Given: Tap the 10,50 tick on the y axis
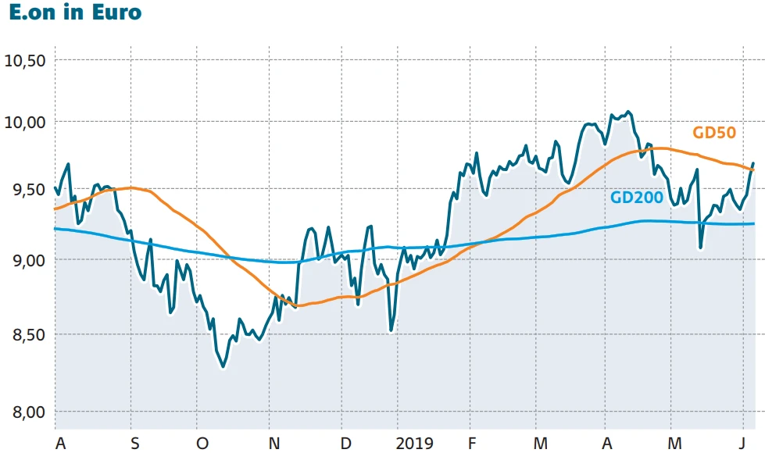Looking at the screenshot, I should [26, 61].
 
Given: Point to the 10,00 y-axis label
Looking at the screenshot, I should [26, 123].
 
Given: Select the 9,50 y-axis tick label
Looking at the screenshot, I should [26, 190].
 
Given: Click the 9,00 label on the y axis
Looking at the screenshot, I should [26, 260].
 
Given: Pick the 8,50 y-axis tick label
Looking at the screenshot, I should [26, 335].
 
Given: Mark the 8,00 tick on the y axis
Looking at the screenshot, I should [26, 412].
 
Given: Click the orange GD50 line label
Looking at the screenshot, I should [714, 132].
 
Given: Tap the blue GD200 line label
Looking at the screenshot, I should [637, 198].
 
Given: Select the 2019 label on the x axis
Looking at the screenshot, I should [415, 443].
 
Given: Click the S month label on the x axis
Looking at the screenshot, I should [135, 443].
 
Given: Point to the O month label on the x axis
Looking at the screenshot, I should [202, 443].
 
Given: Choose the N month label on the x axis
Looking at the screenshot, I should [274, 443].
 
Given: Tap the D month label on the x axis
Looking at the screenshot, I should [345, 443].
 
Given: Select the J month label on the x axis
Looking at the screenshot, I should [743, 443].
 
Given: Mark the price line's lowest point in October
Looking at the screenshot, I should [223, 366].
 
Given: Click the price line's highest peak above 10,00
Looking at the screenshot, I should [629, 112].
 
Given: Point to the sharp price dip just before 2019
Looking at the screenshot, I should [391, 330].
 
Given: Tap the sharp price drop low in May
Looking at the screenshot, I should [700, 248].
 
